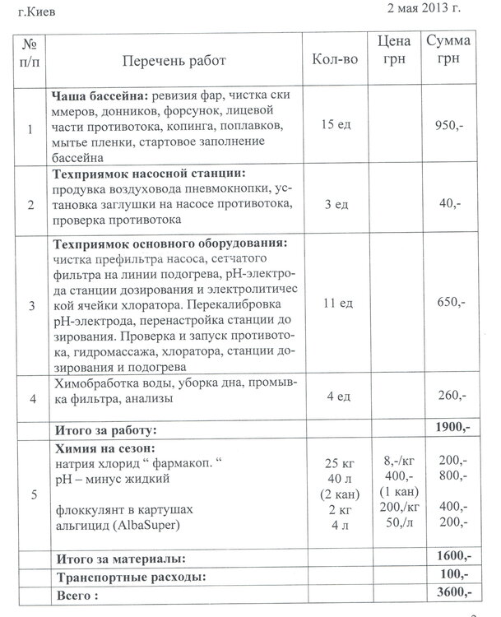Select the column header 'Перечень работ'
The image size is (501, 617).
pyautogui.click(x=174, y=61)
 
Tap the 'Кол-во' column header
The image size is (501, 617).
pyautogui.click(x=334, y=61)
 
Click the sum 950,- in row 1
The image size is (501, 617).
pyautogui.click(x=452, y=128)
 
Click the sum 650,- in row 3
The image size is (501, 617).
pyautogui.click(x=452, y=304)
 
